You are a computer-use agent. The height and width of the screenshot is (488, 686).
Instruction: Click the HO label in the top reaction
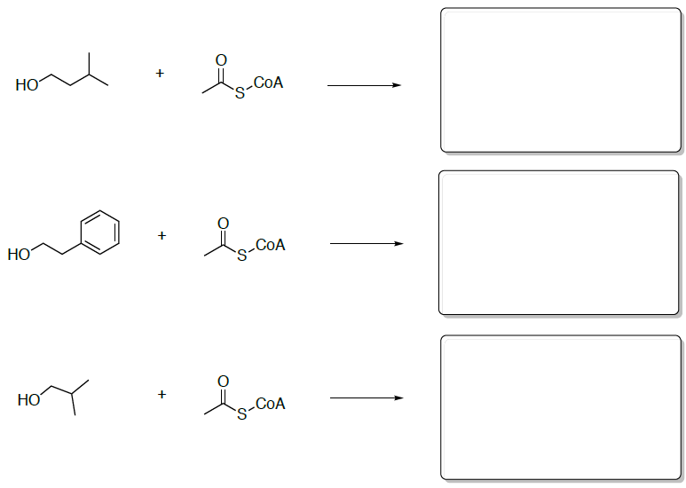pyautogui.click(x=27, y=86)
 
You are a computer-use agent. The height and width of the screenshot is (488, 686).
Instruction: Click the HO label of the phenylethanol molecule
pyautogui.click(x=19, y=256)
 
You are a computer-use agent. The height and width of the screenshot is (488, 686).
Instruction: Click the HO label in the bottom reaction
pyautogui.click(x=28, y=401)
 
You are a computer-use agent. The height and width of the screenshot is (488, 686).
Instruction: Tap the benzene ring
pyautogui.click(x=99, y=232)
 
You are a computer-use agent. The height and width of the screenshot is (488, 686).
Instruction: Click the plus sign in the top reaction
pyautogui.click(x=160, y=74)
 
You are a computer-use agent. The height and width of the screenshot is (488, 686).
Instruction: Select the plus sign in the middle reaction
pyautogui.click(x=162, y=235)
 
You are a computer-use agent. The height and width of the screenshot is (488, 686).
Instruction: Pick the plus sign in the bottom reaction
pyautogui.click(x=162, y=393)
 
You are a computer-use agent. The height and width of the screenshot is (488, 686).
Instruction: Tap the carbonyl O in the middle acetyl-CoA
pyautogui.click(x=223, y=221)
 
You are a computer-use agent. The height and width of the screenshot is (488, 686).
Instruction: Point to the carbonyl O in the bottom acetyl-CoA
pyautogui.click(x=223, y=381)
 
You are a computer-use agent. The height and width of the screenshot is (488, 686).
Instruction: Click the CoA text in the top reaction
pyautogui.click(x=269, y=83)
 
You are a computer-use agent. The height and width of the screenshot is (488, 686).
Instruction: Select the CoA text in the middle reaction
pyautogui.click(x=270, y=245)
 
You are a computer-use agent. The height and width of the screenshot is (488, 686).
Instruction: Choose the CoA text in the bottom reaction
pyautogui.click(x=270, y=404)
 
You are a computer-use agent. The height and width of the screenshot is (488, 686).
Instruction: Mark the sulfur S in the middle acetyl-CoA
pyautogui.click(x=241, y=256)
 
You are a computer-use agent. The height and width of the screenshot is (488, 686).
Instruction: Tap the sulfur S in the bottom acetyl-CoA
pyautogui.click(x=241, y=416)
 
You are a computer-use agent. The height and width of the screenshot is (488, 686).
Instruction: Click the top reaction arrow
pyautogui.click(x=364, y=85)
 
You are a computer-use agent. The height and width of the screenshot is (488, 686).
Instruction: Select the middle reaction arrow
pyautogui.click(x=366, y=244)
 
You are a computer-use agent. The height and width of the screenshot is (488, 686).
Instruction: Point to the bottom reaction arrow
pyautogui.click(x=366, y=397)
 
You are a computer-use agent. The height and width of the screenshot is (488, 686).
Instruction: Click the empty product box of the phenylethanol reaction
pyautogui.click(x=559, y=242)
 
